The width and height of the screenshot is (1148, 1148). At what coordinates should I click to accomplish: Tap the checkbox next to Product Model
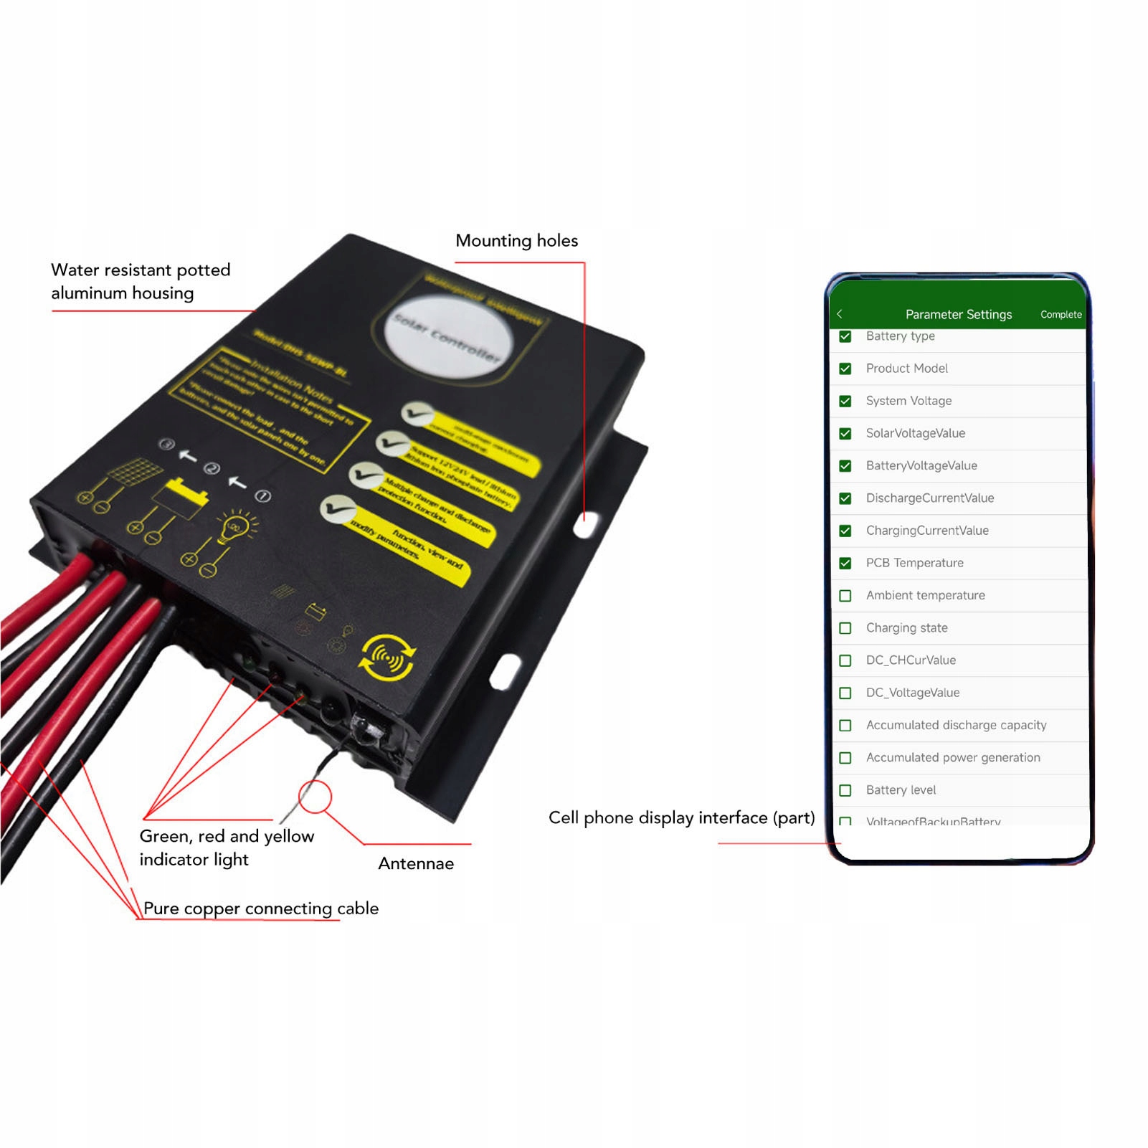(x=845, y=369)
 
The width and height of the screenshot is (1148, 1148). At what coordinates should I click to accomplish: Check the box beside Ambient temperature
(x=845, y=596)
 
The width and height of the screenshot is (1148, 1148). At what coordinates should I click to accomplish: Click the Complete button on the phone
(x=1061, y=315)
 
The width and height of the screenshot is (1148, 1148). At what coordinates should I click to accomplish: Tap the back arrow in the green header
(x=840, y=314)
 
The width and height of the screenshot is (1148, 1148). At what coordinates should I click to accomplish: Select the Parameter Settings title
(x=958, y=315)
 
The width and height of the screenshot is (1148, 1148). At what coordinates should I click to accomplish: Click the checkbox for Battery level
(x=845, y=790)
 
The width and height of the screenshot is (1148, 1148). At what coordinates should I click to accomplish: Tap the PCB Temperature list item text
(x=914, y=563)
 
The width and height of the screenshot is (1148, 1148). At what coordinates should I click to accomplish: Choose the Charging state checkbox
(x=845, y=628)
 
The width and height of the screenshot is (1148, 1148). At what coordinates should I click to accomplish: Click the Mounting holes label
(x=516, y=241)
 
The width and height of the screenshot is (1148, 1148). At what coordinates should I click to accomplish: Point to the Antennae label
(x=416, y=863)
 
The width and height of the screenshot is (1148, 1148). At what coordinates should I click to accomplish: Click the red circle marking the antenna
(x=315, y=797)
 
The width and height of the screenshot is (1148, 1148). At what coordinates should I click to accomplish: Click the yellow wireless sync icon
(x=388, y=657)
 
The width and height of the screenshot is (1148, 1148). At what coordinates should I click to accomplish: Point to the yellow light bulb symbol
(x=234, y=528)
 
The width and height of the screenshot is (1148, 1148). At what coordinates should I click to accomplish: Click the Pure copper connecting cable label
(x=261, y=909)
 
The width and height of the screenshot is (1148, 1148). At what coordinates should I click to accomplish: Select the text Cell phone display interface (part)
(x=681, y=818)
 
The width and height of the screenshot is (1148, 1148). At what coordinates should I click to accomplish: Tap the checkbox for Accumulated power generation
(x=845, y=758)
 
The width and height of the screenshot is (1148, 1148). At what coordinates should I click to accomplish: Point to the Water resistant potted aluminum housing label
(x=141, y=281)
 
